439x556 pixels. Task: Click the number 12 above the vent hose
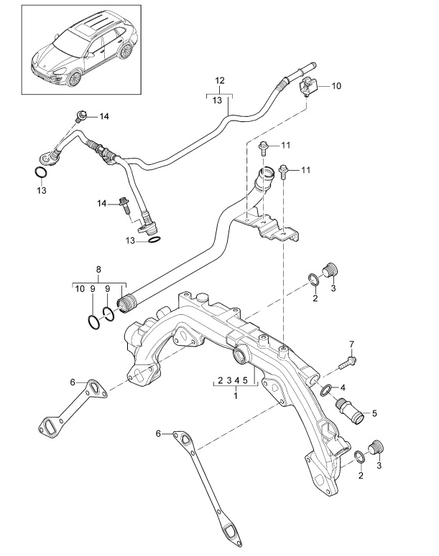(x=220, y=80)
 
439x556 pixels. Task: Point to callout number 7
(x=351, y=344)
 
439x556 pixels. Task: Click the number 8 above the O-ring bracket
(x=98, y=270)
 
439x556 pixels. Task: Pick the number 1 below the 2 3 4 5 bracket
(x=234, y=394)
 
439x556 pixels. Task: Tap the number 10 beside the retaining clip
(x=336, y=85)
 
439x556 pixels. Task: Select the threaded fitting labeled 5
(x=350, y=413)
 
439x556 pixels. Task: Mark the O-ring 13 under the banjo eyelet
(x=42, y=173)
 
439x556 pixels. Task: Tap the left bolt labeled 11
(x=264, y=149)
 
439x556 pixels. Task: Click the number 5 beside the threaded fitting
(x=374, y=414)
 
